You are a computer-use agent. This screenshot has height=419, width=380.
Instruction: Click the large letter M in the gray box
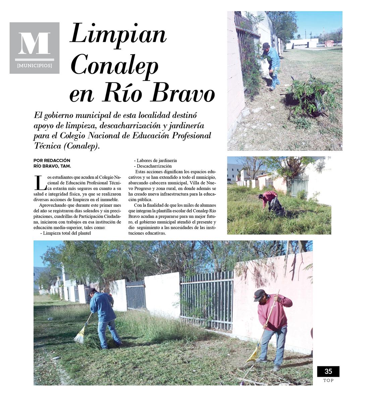(x=34, y=43)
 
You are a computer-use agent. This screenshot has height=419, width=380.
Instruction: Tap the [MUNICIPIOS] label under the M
(x=35, y=66)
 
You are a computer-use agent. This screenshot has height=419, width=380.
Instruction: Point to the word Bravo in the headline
(x=183, y=94)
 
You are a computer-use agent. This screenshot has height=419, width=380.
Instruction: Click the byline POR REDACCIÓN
(x=52, y=161)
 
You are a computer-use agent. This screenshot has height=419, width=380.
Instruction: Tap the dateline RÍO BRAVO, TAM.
(x=52, y=166)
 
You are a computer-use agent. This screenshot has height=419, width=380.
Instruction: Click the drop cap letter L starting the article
(x=40, y=183)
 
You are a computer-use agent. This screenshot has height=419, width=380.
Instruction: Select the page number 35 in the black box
(x=328, y=371)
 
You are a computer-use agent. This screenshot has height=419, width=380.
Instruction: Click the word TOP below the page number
(x=328, y=380)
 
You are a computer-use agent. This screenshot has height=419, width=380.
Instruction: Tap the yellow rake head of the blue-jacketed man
(x=79, y=336)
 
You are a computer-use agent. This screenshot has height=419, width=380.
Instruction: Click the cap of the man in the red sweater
(x=259, y=294)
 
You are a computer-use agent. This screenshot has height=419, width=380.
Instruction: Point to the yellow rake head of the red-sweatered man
(x=252, y=356)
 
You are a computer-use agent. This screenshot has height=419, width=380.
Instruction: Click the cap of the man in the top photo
(x=266, y=45)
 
